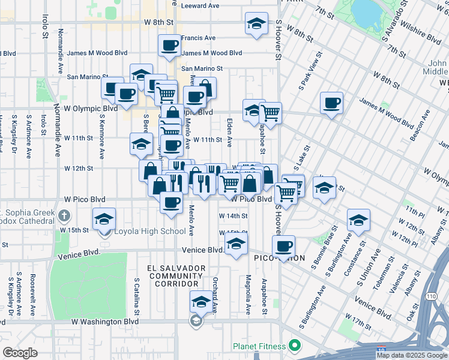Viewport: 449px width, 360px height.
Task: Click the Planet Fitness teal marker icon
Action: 294,346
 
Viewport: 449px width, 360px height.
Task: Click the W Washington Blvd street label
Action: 105,322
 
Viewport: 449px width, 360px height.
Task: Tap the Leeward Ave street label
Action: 200,5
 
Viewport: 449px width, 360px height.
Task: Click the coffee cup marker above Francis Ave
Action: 169,44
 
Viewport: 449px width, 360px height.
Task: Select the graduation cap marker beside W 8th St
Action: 256,24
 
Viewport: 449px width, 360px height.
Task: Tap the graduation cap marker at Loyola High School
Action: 104,219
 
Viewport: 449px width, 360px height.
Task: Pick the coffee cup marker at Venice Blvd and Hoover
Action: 283,245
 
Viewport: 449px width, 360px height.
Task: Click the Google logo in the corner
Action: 20,352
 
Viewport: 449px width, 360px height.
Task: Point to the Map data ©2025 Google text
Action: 411,355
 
